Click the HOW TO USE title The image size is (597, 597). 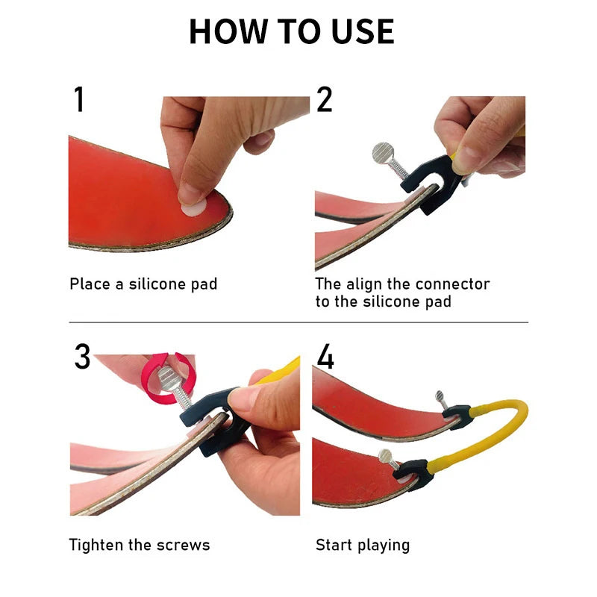pos(291,31)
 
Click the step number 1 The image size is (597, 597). pos(79,100)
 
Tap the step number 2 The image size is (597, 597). pos(324,100)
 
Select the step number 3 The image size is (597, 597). pos(82,357)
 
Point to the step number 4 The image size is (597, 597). pos(325,357)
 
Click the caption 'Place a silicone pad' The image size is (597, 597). pos(143,284)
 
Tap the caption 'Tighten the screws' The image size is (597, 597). pos(140,545)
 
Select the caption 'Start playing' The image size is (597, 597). pos(363,545)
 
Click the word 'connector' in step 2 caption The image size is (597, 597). pos(452,284)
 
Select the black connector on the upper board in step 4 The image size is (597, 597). pos(457,414)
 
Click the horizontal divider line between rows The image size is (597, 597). pos(298,322)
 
